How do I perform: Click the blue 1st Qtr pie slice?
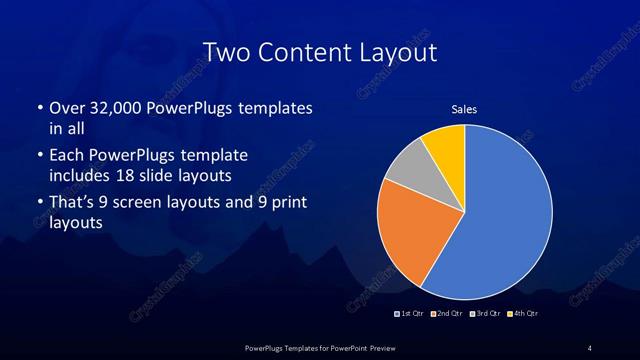pos(510,215)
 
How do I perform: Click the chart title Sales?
pos(463,109)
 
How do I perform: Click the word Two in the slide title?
pos(226,52)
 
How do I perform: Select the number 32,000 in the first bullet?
pos(116,108)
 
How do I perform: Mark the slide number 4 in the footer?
pos(590,347)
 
